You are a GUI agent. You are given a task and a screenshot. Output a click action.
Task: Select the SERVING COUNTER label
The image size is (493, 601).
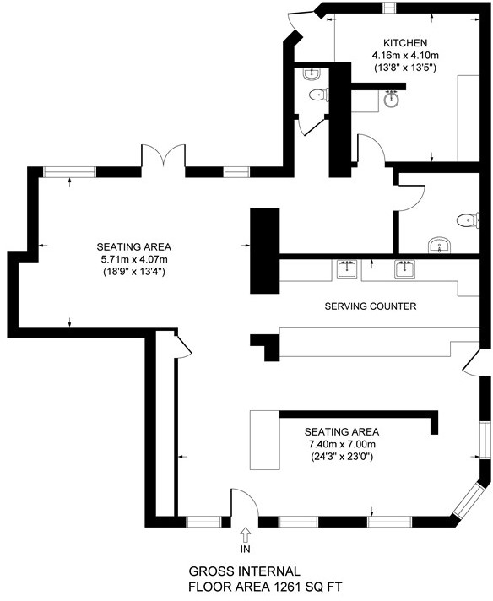[371, 306]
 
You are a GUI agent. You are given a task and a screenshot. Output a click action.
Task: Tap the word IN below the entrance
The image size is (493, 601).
[246, 550]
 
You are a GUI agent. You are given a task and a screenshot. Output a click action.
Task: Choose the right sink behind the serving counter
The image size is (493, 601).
[404, 269]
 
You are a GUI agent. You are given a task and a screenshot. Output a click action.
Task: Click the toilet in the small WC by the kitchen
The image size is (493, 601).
[316, 95]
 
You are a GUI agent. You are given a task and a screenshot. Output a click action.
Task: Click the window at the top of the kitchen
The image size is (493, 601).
[390, 8]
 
